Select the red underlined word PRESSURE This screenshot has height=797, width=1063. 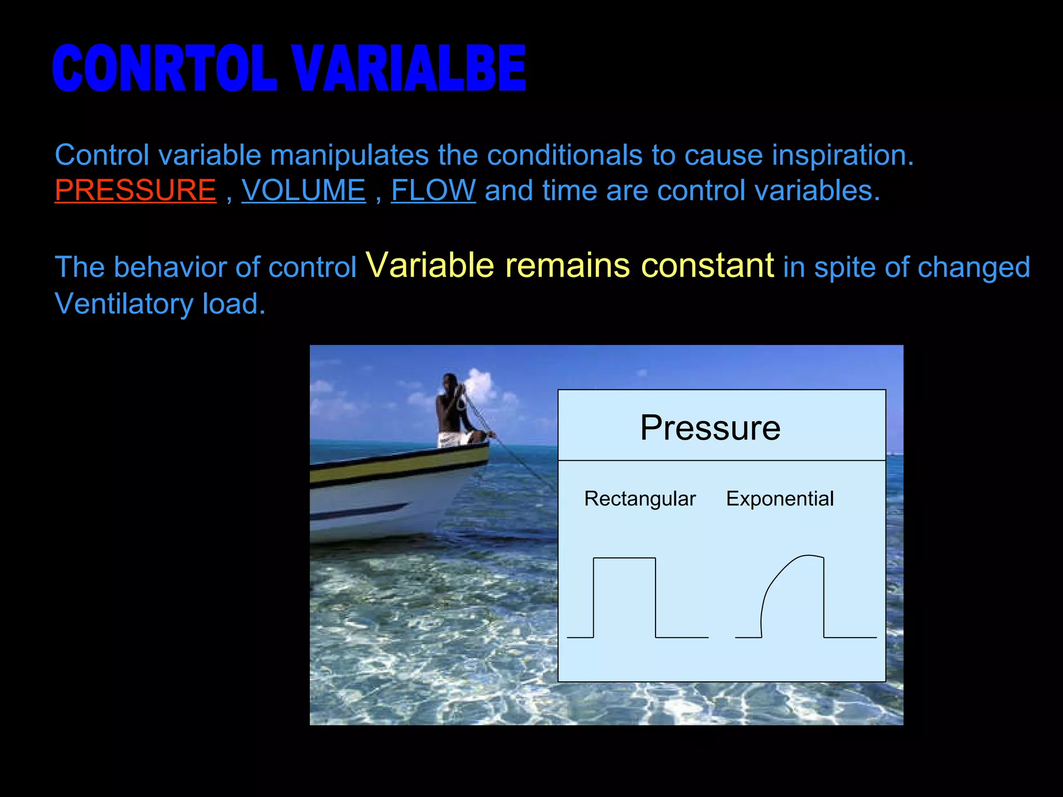pos(135,190)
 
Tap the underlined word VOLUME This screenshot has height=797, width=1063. pos(304,190)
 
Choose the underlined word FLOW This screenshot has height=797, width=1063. pos(433,190)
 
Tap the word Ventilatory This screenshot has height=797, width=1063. pos(124,304)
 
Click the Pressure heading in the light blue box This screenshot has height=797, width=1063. pos(710,428)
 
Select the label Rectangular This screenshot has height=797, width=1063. pos(639,499)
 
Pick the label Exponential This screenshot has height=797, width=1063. pos(780,499)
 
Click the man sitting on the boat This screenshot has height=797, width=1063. pos(453,410)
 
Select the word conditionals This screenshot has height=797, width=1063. pos(565,155)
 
